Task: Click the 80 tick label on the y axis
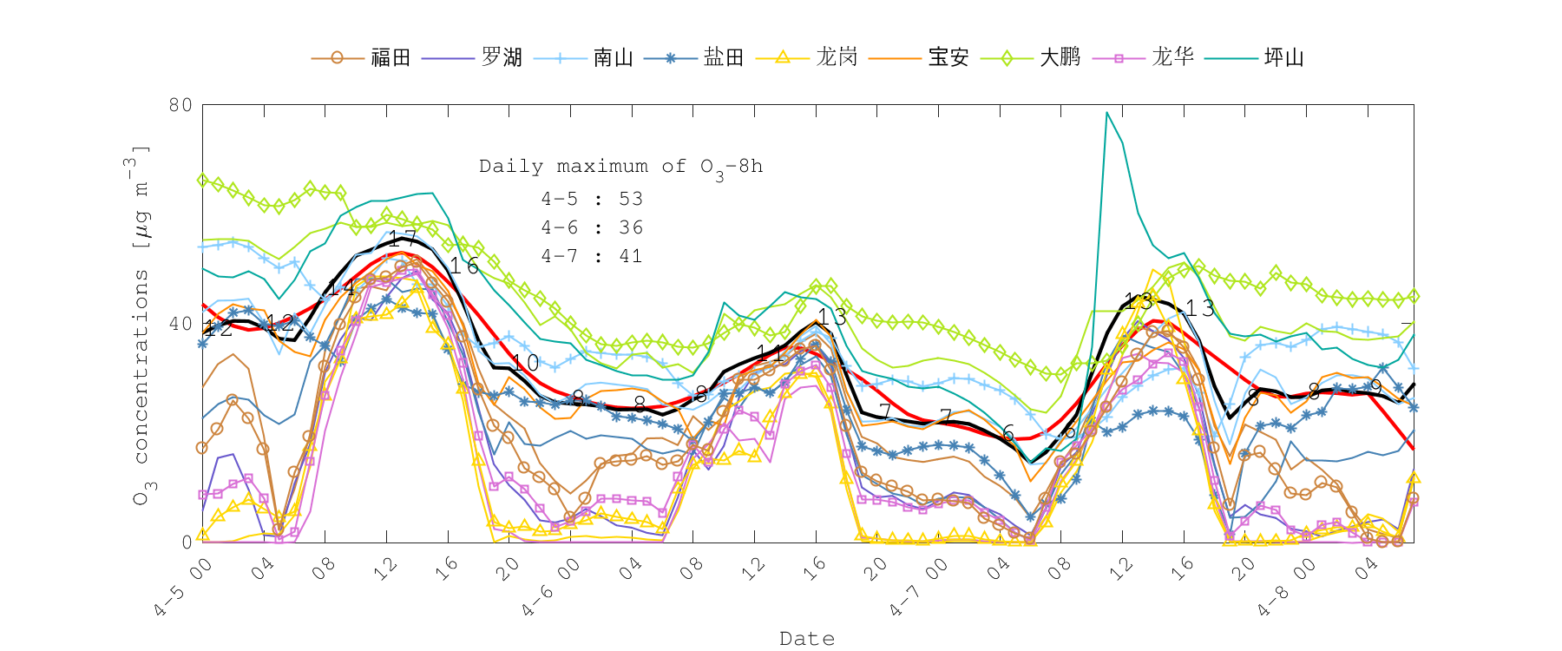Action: click(x=180, y=105)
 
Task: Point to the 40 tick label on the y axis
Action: click(x=180, y=324)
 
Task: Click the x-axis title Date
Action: click(x=807, y=639)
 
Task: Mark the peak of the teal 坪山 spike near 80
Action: click(x=1107, y=113)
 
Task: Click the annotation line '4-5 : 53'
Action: click(x=592, y=199)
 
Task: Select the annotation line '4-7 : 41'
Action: click(x=592, y=256)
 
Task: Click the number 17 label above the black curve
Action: click(x=402, y=239)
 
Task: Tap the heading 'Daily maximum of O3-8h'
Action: click(x=620, y=167)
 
